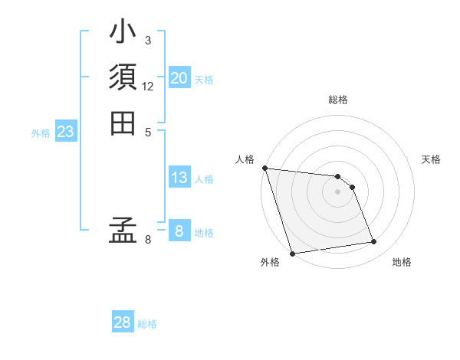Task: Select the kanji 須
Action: (x=123, y=78)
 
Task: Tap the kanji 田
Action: (x=123, y=123)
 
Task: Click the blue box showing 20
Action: (x=179, y=77)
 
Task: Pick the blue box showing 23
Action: (x=66, y=132)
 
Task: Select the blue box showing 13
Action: (x=179, y=178)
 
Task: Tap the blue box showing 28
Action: (x=123, y=322)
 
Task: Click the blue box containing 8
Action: (x=179, y=231)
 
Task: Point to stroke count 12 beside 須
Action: (x=148, y=87)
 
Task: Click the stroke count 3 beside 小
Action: (x=148, y=40)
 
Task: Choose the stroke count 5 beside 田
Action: (x=148, y=132)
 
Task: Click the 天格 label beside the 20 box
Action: (x=204, y=79)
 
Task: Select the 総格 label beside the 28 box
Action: (x=147, y=324)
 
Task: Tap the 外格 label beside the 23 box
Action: (x=41, y=133)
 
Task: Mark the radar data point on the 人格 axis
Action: (x=264, y=168)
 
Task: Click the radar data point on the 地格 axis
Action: (x=374, y=242)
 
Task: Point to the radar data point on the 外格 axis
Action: (x=292, y=253)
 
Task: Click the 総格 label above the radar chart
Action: (x=338, y=100)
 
